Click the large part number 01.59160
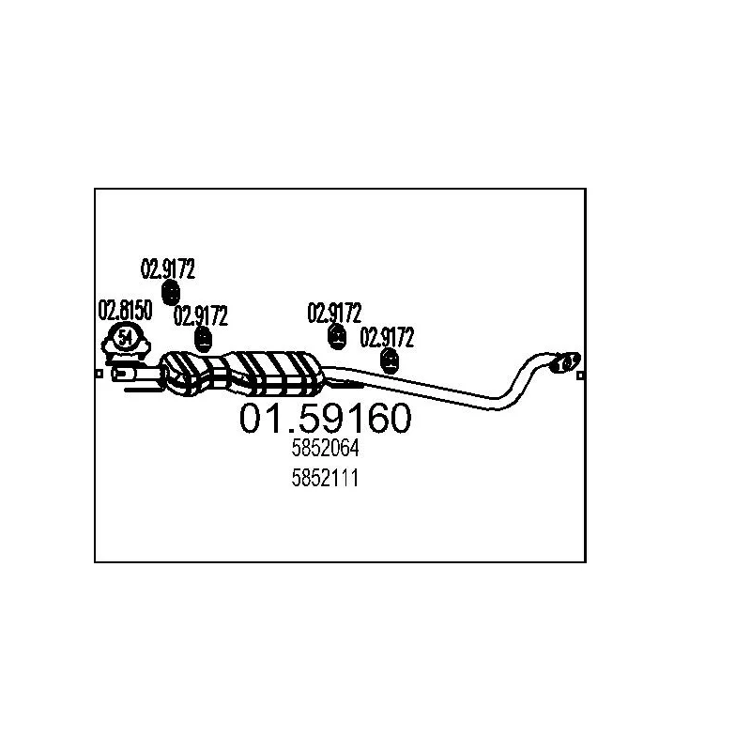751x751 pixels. coord(325,418)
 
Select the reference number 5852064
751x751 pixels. coord(325,449)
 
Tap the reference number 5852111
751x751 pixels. coord(325,478)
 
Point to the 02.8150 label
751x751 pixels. coord(125,311)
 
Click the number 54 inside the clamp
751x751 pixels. coord(126,337)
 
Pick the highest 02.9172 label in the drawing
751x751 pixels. coord(168,268)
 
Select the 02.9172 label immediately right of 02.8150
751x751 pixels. coord(201,315)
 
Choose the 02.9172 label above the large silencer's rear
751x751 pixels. coord(334,313)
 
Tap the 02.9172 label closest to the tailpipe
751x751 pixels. coord(387,337)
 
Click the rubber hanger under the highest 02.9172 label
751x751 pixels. coord(171,292)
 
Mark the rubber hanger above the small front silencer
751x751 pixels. coord(204,339)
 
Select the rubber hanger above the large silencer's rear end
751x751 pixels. coord(337,337)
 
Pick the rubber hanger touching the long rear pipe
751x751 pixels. coord(390,360)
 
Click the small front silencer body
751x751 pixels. coord(187,374)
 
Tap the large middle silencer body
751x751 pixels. coord(275,374)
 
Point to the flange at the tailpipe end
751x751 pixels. coord(565,362)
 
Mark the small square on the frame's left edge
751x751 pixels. coord(100,374)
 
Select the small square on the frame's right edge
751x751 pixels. coord(580,375)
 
